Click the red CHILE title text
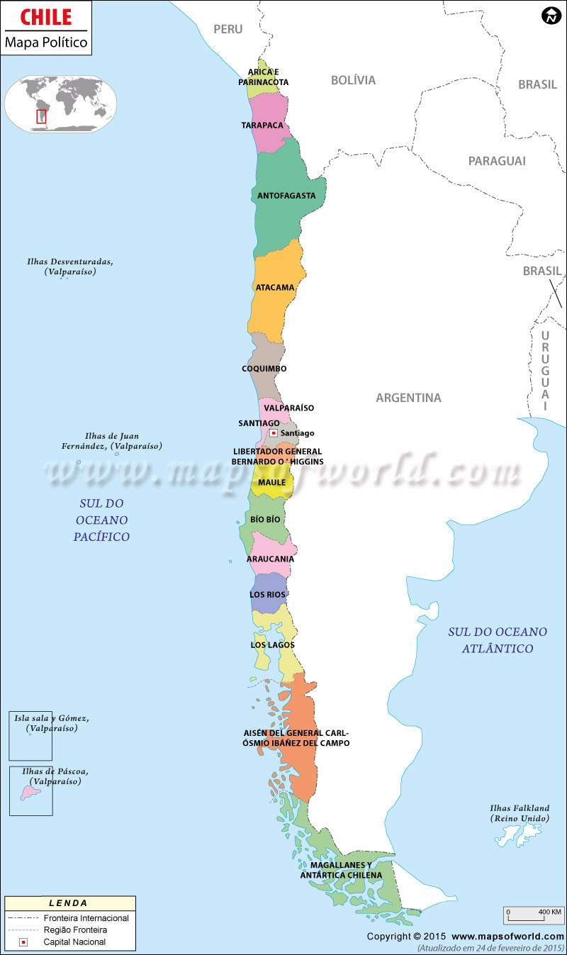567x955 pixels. (46, 17)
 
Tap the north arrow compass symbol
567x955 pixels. (550, 16)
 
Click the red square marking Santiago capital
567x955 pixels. (274, 432)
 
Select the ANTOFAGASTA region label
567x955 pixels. (286, 196)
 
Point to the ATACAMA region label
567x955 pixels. (275, 288)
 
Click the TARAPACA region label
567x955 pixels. (262, 125)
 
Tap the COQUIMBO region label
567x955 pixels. (264, 369)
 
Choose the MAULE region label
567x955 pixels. (271, 483)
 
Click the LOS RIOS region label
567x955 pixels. (267, 594)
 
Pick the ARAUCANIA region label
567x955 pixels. (270, 559)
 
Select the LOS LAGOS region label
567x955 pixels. (272, 645)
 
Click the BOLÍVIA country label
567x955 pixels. (353, 80)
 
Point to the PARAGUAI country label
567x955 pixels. (497, 161)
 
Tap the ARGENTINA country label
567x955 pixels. (408, 398)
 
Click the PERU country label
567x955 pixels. (228, 29)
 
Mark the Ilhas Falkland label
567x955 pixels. (520, 813)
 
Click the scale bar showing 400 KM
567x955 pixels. (534, 912)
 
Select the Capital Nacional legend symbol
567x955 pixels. (23, 942)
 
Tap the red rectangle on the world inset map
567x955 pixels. (41, 116)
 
